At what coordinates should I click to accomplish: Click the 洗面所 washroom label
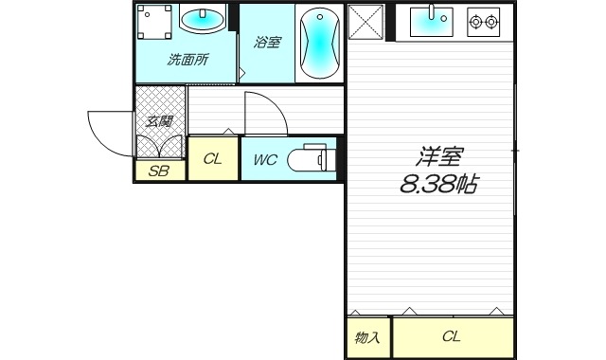[x=187, y=60]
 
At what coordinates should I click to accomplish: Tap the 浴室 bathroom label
[x=267, y=42]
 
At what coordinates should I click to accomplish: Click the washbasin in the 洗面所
[x=203, y=21]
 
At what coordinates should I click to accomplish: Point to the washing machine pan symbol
[x=152, y=22]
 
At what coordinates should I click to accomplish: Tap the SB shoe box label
[x=159, y=171]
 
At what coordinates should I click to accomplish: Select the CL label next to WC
[x=212, y=159]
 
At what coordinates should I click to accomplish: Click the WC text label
[x=265, y=159]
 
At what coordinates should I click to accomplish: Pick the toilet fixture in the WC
[x=309, y=158]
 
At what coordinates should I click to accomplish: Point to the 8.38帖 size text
[x=437, y=184]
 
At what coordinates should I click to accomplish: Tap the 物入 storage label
[x=367, y=336]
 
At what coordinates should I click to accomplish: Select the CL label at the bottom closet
[x=451, y=336]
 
